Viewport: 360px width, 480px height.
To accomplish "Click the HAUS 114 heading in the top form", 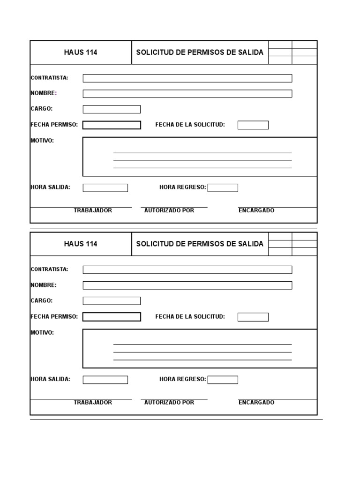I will click(x=81, y=52).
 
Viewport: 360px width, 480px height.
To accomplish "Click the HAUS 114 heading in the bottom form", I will click(x=81, y=244).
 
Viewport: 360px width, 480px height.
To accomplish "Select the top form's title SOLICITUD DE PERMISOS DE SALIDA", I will click(x=200, y=52).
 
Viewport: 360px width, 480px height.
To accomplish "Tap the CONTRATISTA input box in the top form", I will click(x=187, y=78).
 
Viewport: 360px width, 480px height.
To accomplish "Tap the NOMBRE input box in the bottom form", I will click(x=187, y=285).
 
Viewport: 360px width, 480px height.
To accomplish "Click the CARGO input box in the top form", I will click(x=112, y=109).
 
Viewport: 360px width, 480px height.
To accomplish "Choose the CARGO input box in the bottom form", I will click(x=112, y=301).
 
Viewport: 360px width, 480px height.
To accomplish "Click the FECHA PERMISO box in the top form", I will click(x=112, y=125).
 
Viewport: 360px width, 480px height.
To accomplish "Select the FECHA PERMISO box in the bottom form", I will click(x=112, y=317).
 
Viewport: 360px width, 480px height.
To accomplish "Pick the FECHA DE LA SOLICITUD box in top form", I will click(x=253, y=125).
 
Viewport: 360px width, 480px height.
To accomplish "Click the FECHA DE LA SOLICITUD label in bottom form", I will click(x=190, y=317).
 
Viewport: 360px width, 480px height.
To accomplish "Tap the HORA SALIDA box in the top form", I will click(x=105, y=188).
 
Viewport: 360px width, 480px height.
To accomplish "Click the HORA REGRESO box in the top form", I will click(x=223, y=188).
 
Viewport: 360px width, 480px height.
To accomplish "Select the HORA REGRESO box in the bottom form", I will click(x=223, y=380).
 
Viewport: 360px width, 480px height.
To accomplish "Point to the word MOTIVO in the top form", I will click(x=42, y=141).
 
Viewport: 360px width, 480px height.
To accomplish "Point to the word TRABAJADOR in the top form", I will click(x=93, y=210).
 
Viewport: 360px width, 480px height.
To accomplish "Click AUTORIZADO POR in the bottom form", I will click(x=169, y=403).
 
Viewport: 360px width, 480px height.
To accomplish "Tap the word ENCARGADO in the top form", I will click(x=256, y=210).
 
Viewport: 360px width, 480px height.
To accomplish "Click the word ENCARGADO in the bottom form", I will click(x=256, y=403).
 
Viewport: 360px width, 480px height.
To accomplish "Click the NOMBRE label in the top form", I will click(x=43, y=93).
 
